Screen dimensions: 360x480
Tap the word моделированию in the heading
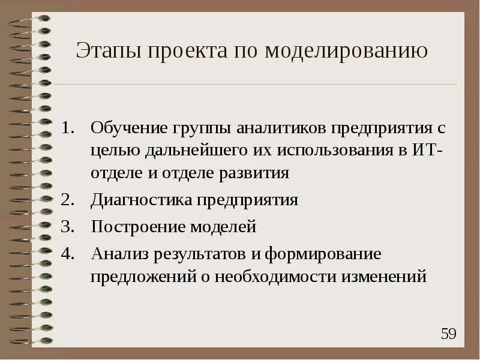(x=346, y=51)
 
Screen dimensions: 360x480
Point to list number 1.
(x=68, y=128)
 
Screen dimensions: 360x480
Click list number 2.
(x=68, y=200)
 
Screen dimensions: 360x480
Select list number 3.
(x=68, y=227)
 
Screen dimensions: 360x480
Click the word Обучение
(x=127, y=128)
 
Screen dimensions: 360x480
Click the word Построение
(x=137, y=227)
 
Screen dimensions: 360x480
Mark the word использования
(x=338, y=151)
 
